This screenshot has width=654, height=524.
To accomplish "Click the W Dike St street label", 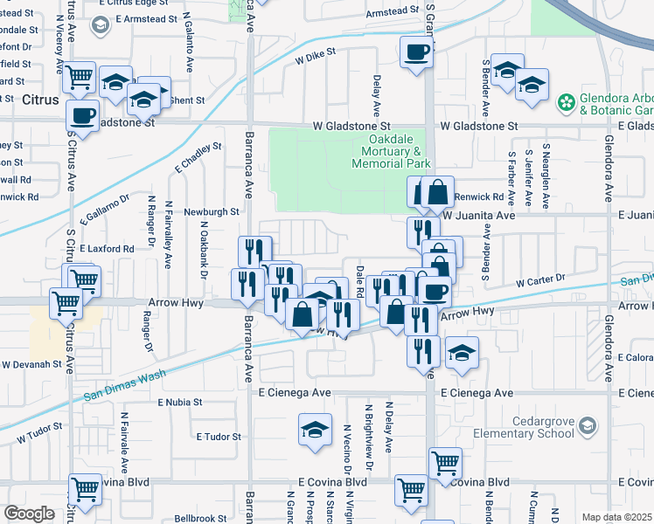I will [316, 58].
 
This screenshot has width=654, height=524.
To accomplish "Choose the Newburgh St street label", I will [211, 211].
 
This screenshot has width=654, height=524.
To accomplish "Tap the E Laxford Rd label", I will [107, 249].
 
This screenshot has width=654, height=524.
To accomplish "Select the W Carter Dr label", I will [541, 280].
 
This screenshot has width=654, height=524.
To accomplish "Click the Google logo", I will [29, 514].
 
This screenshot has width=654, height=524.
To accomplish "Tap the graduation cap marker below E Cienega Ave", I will [315, 430].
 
